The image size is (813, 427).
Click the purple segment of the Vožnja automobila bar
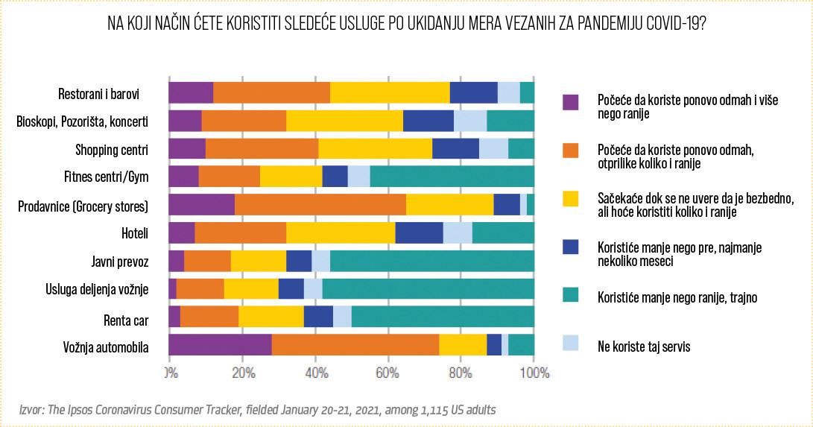coord(221,345)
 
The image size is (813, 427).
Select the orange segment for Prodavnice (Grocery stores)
coord(320,204)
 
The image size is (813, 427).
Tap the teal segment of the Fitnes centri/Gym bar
coord(452,176)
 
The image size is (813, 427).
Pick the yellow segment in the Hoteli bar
coord(341,233)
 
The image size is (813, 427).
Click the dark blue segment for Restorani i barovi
coord(473,92)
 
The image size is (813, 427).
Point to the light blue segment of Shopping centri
coord(493,148)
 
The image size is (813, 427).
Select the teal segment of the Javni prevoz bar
coord(432,261)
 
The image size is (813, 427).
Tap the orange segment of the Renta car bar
coord(209,317)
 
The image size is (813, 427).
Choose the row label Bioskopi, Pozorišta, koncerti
coord(82,121)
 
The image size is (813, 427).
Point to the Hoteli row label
coord(134,233)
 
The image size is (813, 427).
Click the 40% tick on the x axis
coord(315,372)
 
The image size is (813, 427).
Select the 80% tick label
coord(461,372)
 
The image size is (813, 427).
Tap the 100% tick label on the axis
coord(533,372)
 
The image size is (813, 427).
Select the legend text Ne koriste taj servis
coord(644,346)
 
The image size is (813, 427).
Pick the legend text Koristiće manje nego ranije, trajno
coord(677,297)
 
